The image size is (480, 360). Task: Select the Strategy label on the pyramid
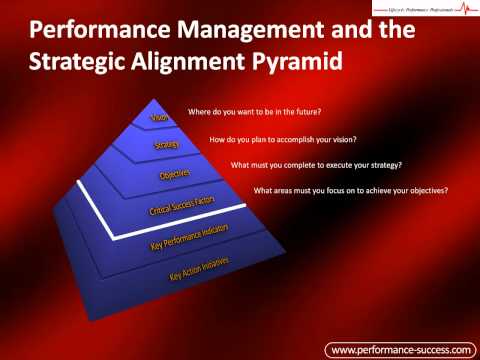[x=166, y=145]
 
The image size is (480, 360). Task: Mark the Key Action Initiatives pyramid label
[x=200, y=268]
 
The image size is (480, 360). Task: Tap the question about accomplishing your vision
[x=283, y=139]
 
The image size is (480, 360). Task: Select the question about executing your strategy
[x=323, y=164]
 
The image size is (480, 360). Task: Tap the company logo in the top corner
[x=424, y=10]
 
